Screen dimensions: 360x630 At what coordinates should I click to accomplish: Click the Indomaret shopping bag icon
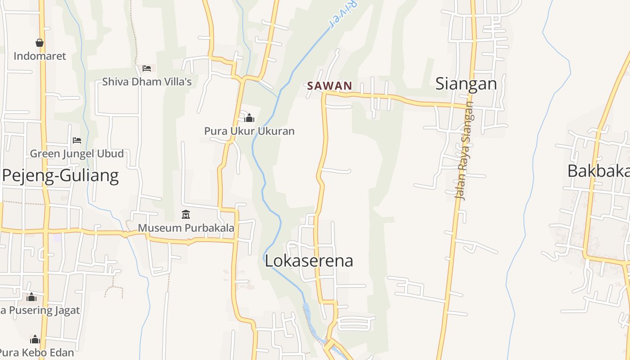pyautogui.click(x=40, y=43)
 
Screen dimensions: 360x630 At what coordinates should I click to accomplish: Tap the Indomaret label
pyautogui.click(x=40, y=56)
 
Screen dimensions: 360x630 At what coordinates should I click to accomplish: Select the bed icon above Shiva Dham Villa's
pyautogui.click(x=147, y=68)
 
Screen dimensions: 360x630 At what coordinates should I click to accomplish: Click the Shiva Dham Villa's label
pyautogui.click(x=147, y=82)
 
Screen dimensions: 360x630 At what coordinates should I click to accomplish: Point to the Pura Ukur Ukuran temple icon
pyautogui.click(x=249, y=118)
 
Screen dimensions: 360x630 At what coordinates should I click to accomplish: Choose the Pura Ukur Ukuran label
pyautogui.click(x=249, y=131)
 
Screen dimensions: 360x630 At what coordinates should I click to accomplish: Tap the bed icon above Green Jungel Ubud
pyautogui.click(x=77, y=140)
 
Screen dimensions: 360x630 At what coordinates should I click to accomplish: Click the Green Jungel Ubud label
pyautogui.click(x=77, y=154)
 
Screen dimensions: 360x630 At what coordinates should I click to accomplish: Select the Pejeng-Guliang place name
pyautogui.click(x=60, y=175)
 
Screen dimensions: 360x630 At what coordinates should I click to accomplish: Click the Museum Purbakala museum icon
pyautogui.click(x=186, y=215)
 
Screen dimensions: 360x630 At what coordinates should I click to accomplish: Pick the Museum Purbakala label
pyautogui.click(x=186, y=228)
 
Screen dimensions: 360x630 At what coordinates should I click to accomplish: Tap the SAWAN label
pyautogui.click(x=329, y=86)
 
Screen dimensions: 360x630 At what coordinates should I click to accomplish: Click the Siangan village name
pyautogui.click(x=466, y=84)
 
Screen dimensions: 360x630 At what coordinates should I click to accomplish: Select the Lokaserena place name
pyautogui.click(x=309, y=261)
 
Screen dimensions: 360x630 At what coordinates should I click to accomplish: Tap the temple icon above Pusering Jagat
pyautogui.click(x=31, y=297)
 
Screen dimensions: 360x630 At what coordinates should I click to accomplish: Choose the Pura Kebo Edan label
pyautogui.click(x=36, y=352)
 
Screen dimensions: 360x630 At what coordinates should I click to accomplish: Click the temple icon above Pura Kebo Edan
pyautogui.click(x=35, y=339)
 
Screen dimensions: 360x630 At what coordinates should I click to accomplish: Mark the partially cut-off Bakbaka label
pyautogui.click(x=598, y=171)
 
